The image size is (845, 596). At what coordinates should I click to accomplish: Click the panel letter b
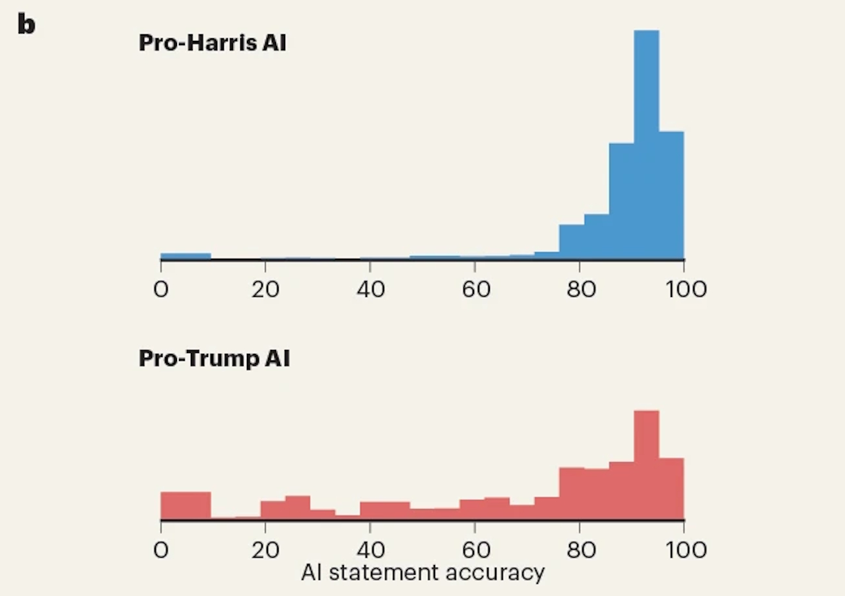click(26, 24)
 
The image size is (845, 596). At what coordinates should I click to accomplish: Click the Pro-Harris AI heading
click(213, 44)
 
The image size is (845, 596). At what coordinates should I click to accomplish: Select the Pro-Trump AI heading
click(214, 358)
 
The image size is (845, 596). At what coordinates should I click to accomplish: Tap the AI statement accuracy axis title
click(422, 572)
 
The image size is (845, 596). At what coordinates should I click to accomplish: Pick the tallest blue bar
click(646, 145)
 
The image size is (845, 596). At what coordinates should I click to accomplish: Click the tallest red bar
click(646, 465)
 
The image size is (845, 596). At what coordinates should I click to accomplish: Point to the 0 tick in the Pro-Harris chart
click(161, 289)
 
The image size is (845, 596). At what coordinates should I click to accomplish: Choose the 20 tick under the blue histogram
click(265, 289)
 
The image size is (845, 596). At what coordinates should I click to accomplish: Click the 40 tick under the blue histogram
click(370, 289)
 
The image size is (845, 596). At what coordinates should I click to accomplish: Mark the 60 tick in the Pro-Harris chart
click(475, 289)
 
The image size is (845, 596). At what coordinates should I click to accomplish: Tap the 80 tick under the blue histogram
click(580, 289)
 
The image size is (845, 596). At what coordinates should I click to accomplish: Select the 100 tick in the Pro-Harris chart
click(685, 289)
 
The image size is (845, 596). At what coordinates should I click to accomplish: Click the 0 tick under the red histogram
click(161, 549)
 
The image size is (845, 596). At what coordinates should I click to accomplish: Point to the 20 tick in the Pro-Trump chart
click(265, 549)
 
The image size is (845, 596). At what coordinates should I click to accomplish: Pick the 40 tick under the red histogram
click(370, 549)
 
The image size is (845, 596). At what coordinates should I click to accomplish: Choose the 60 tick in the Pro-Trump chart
click(475, 549)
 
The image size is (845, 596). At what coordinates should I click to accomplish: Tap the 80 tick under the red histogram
click(580, 549)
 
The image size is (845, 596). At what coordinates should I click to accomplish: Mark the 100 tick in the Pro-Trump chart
click(685, 549)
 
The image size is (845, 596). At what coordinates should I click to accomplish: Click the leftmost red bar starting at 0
click(186, 506)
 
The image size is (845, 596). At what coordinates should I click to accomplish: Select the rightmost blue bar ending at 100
click(671, 195)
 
